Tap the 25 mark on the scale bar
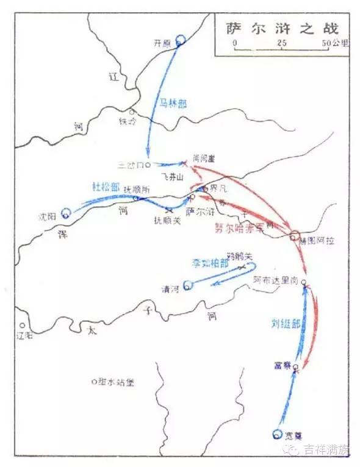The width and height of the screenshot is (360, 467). point(281,44)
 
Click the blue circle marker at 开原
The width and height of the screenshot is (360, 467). point(180,41)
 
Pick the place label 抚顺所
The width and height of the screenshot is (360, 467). point(135,190)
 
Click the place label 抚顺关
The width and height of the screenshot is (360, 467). point(167,221)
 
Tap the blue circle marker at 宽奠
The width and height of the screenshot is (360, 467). point(278,434)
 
